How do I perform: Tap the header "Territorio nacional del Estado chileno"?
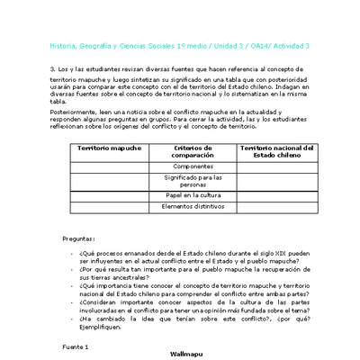[278, 152]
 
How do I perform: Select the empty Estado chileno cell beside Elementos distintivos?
[278, 206]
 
